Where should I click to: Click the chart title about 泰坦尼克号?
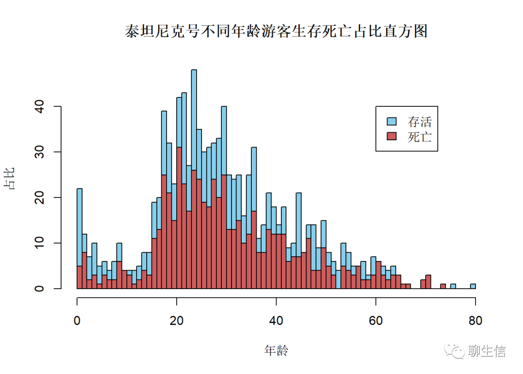[x=276, y=32]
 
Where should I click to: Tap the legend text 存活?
[x=419, y=121]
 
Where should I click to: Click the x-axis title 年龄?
[x=276, y=350]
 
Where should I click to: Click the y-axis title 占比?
[x=10, y=178]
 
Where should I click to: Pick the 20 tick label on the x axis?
[x=177, y=320]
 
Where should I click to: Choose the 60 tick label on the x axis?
[x=376, y=320]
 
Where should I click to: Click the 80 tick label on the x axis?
[x=475, y=320]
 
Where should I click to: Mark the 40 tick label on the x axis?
[x=276, y=320]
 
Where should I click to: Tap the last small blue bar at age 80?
[x=473, y=286]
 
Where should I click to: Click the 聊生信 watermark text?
[x=487, y=351]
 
